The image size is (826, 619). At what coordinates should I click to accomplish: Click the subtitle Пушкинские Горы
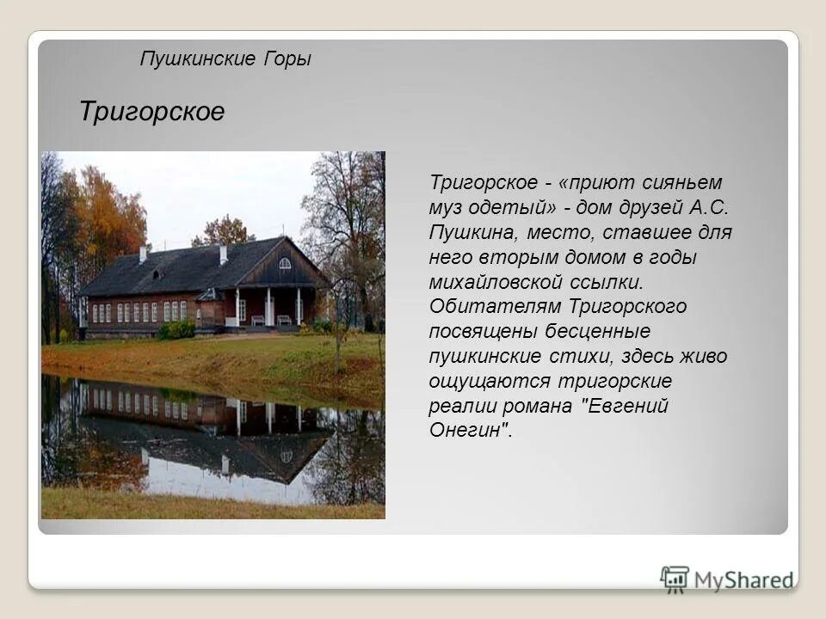(225, 59)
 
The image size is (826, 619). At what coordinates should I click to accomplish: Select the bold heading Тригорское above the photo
(151, 112)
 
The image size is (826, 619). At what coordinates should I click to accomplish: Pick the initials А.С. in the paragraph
(709, 207)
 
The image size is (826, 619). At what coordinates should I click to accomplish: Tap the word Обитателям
(490, 307)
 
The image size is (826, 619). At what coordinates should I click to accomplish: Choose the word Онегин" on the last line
(470, 431)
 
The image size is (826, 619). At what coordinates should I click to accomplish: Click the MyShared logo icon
(675, 579)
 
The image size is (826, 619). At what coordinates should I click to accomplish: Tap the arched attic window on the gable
(285, 263)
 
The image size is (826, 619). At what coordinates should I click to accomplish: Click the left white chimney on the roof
(144, 254)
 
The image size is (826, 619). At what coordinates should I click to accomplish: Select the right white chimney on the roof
(223, 254)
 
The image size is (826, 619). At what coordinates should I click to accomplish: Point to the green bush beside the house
(178, 329)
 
